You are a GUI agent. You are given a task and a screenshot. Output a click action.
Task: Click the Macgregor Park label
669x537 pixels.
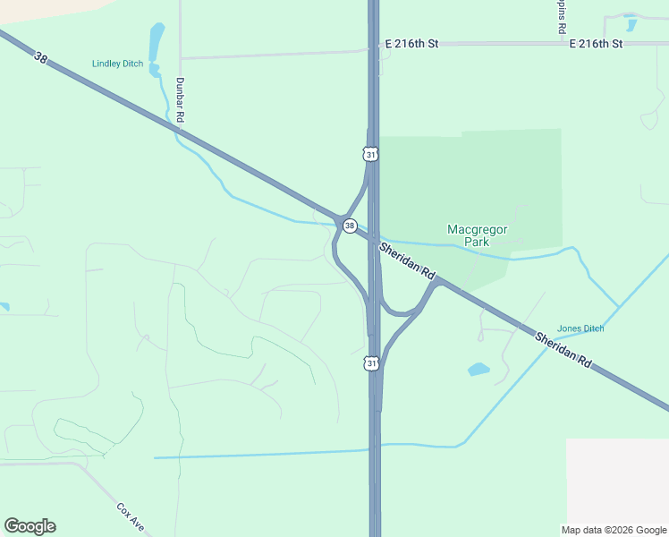click(x=478, y=235)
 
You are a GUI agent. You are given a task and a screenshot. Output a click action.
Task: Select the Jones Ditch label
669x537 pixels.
click(x=580, y=328)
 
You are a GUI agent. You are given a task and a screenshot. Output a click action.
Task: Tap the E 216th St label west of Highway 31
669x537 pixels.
click(x=411, y=43)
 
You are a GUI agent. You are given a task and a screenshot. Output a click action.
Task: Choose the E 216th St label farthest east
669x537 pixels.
click(x=595, y=43)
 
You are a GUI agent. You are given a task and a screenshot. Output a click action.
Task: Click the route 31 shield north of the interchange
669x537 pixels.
click(x=371, y=155)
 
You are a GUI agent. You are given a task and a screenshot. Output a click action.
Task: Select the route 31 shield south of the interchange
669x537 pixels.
click(x=371, y=363)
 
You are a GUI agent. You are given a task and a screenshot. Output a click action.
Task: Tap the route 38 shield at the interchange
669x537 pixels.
click(x=350, y=226)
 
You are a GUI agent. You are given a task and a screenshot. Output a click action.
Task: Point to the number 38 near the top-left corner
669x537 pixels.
click(x=40, y=58)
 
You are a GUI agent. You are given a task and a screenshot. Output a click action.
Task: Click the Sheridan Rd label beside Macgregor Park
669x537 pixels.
click(x=406, y=261)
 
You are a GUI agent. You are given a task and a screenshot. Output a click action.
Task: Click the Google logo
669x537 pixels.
click(x=30, y=526)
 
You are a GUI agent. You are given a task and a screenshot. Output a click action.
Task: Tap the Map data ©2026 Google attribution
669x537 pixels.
click(x=614, y=530)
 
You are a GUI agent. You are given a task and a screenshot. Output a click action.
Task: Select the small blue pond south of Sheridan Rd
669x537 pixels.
click(x=478, y=369)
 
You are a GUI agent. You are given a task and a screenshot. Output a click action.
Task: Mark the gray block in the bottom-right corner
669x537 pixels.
click(x=617, y=483)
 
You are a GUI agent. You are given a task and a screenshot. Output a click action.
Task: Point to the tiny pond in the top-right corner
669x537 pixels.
click(x=631, y=25)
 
